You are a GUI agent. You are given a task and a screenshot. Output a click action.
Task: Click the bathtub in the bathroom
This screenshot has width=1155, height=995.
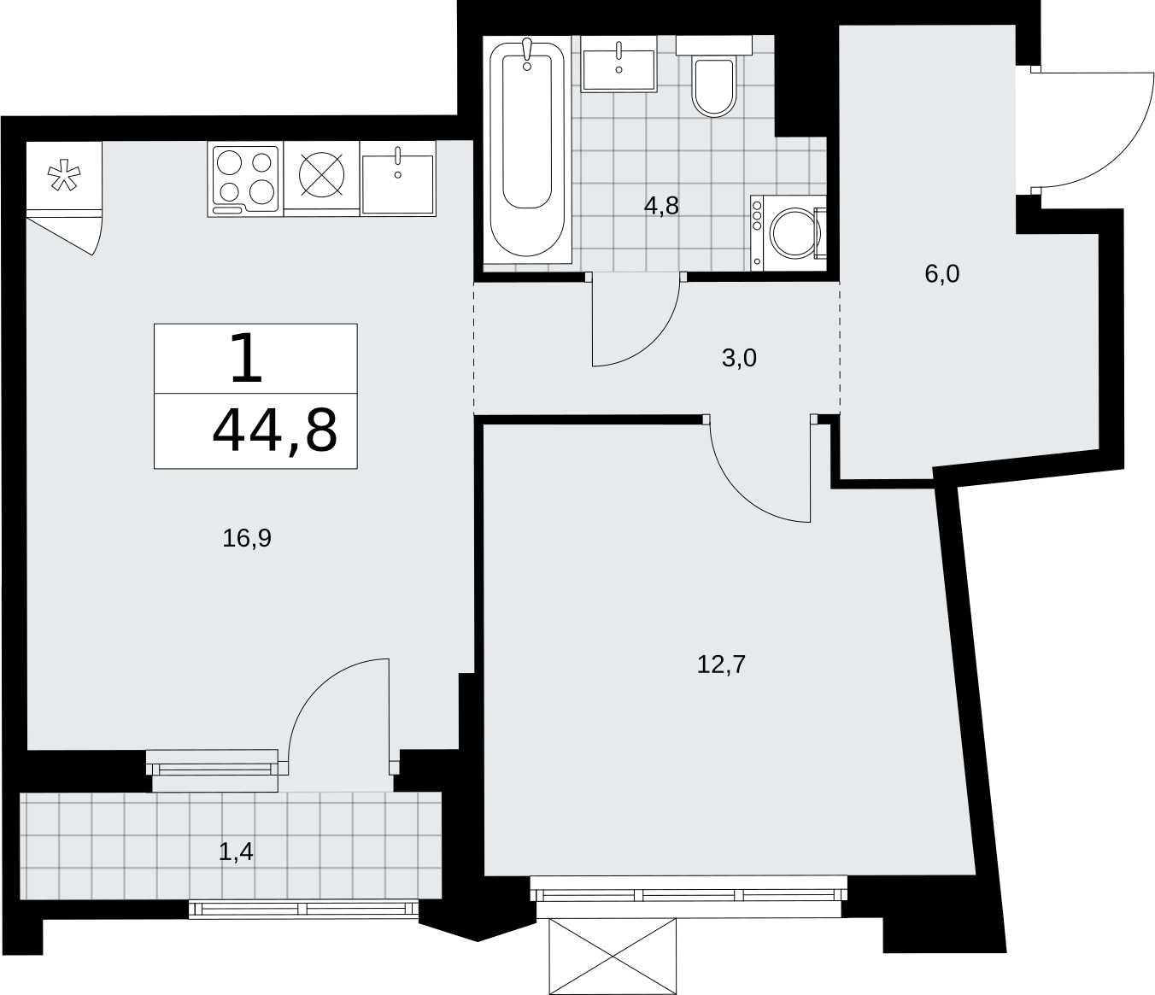coord(527,149)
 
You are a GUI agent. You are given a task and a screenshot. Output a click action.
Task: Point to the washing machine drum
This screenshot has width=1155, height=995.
coord(794,233)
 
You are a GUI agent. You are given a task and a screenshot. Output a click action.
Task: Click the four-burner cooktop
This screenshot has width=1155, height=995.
coord(245,179)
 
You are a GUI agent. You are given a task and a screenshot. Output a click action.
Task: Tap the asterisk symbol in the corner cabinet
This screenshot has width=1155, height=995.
coord(64,175)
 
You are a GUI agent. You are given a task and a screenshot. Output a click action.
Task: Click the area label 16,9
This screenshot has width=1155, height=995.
coord(247,538)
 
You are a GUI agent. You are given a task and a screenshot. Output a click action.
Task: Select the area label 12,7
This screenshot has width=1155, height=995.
coord(721,664)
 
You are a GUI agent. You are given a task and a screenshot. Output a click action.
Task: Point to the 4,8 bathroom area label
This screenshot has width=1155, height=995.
coord(661,206)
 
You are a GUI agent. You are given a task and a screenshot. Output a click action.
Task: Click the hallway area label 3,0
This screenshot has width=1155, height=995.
coord(739,358)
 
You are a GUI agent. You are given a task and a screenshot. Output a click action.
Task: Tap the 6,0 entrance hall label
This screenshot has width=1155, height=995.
coord(942,274)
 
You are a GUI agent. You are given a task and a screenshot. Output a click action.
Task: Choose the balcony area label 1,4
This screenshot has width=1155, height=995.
coord(236,852)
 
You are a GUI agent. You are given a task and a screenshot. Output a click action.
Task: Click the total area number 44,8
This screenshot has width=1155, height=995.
coord(275,430)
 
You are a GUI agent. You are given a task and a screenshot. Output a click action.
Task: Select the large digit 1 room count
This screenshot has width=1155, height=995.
coord(246,358)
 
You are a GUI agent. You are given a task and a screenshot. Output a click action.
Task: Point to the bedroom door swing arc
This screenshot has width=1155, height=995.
coord(738,492)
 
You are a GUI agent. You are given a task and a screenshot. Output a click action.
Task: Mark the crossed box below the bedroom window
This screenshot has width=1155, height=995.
coord(613,957)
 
